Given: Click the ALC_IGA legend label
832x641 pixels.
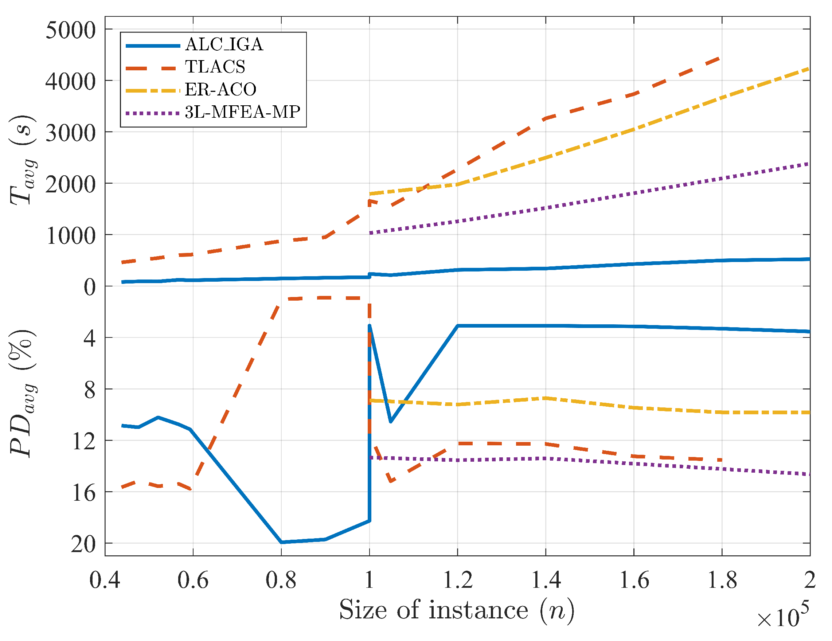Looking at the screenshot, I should point(224,44).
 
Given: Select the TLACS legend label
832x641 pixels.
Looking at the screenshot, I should point(215,67).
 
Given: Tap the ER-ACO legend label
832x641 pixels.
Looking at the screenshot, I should point(220,90).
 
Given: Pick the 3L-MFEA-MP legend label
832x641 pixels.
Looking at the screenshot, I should point(242,112).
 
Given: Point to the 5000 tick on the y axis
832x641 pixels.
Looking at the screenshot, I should point(70,31).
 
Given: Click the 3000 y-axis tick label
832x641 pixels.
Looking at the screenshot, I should point(70,133).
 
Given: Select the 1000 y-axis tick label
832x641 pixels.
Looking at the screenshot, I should point(70,236).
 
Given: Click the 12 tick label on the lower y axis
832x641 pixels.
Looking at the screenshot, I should point(83,442).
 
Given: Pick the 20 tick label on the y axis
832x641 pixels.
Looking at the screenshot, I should point(83,545).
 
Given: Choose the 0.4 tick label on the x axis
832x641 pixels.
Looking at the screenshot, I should point(105,580).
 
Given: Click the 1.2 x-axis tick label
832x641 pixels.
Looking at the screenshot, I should point(457,580).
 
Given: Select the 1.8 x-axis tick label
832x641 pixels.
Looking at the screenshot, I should point(722,580).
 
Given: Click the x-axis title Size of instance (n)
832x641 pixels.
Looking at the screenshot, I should point(456,610).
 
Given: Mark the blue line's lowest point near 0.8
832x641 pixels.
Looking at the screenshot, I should point(281,542).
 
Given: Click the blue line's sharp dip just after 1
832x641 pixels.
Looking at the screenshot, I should point(390,421).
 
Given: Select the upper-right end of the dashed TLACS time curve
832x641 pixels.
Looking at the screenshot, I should point(718,58).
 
